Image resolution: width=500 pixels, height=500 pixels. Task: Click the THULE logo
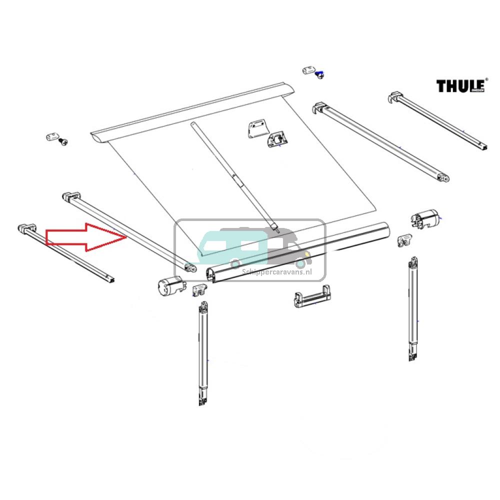(x=461, y=85)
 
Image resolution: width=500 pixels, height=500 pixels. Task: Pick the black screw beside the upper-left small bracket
(x=63, y=142)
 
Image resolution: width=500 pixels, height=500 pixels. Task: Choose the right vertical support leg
(x=413, y=310)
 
